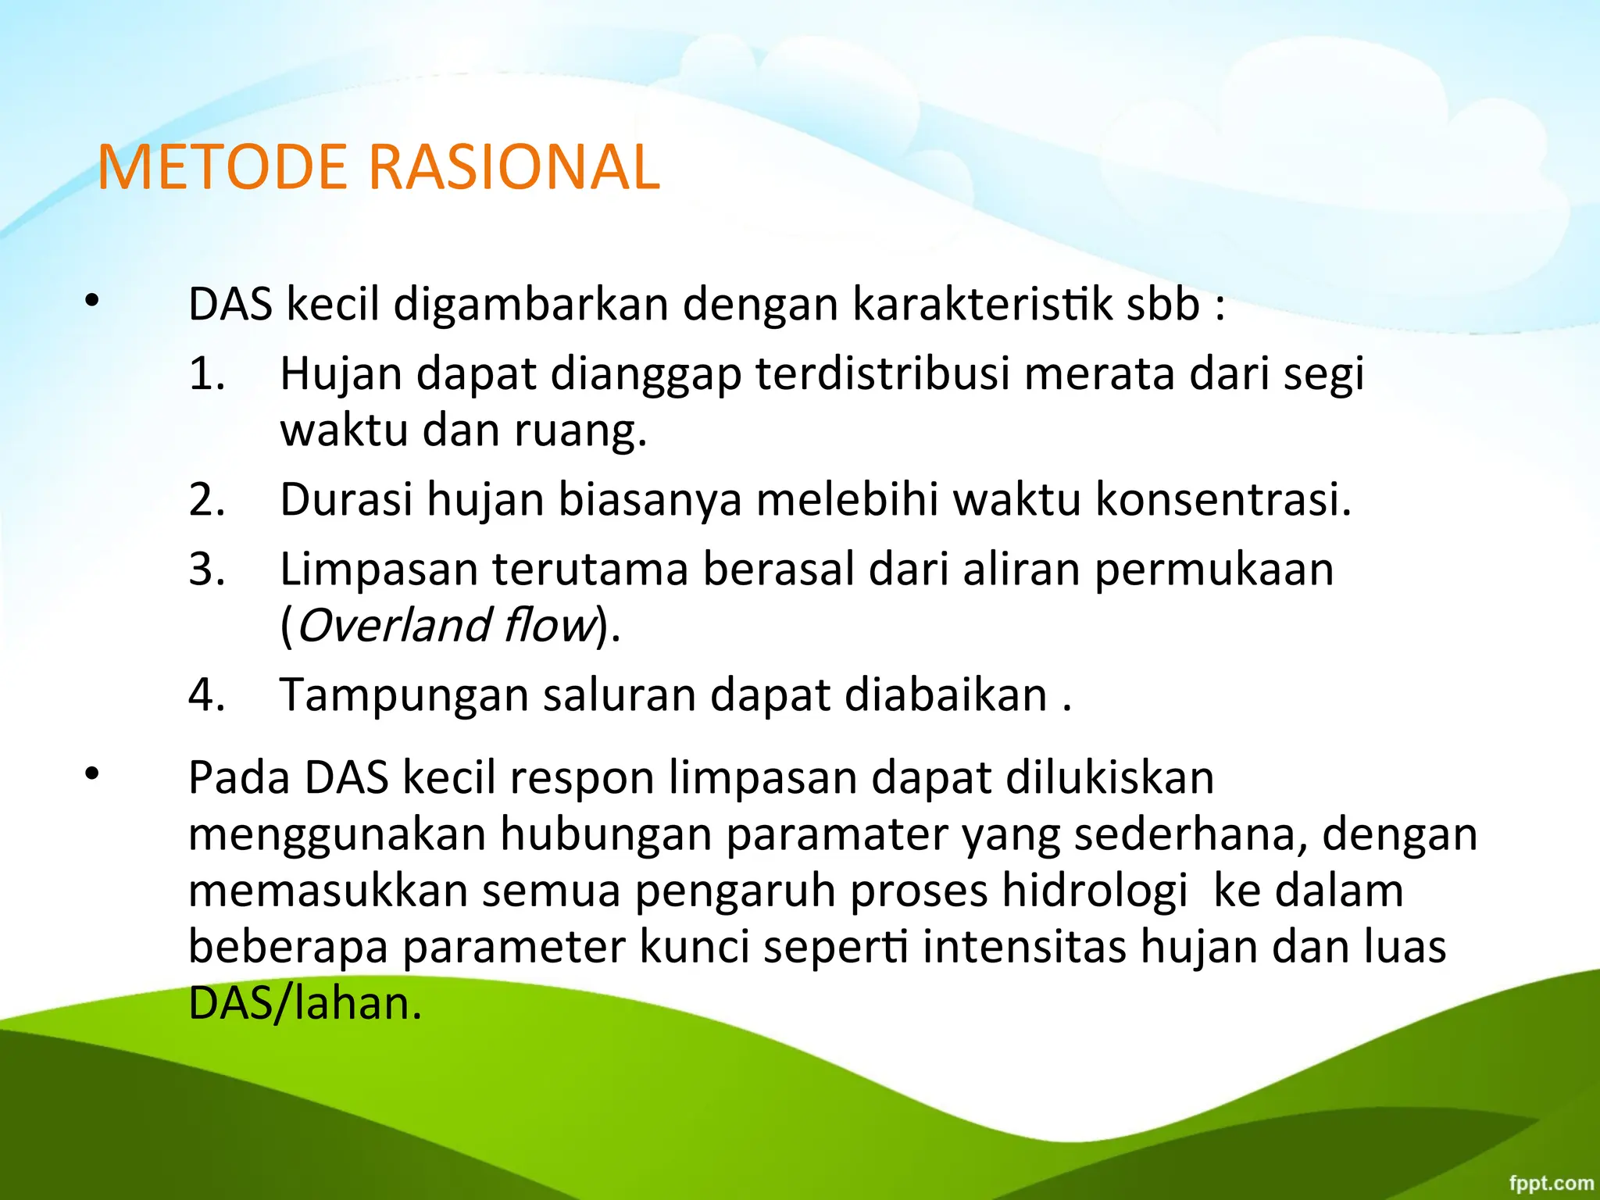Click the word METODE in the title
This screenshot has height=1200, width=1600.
(222, 167)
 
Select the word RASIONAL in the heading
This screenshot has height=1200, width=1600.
(513, 167)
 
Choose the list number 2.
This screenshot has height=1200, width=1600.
(206, 499)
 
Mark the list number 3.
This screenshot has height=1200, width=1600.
(206, 569)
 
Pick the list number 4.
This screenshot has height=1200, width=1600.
(206, 695)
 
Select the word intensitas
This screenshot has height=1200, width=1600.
(1024, 947)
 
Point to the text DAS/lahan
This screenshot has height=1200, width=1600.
(305, 1003)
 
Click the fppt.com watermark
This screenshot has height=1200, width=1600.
(1551, 1182)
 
